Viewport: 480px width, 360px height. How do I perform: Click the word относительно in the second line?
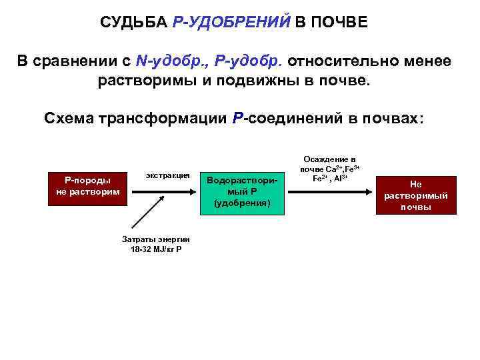[x=345, y=61]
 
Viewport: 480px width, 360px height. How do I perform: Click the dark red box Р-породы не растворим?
[x=87, y=186]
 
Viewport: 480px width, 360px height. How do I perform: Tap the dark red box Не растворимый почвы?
[x=416, y=195]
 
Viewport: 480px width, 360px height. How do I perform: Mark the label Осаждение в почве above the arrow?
[x=329, y=164]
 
